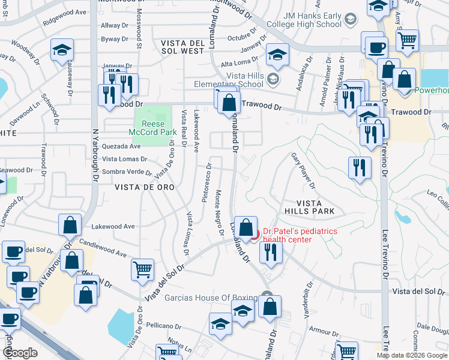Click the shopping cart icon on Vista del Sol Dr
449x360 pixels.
[142, 269]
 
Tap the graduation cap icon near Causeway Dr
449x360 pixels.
[62, 51]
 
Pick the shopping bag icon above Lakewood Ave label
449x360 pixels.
[70, 225]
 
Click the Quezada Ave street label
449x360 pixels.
[122, 146]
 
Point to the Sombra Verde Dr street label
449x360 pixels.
[127, 172]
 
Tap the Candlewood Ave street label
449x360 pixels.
[102, 245]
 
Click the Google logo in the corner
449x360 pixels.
[20, 353]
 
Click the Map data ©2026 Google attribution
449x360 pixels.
[412, 355]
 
